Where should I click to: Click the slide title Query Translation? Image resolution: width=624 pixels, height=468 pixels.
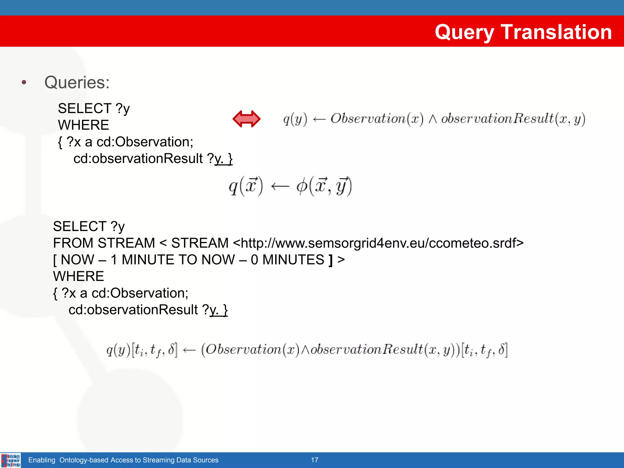coord(523,32)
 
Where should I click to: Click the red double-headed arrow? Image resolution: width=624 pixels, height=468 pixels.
coord(246,119)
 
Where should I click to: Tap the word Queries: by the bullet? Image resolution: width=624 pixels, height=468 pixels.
coord(77,83)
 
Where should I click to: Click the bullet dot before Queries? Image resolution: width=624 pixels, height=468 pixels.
coord(24,82)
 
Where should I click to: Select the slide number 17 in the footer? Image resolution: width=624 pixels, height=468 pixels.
coord(314,460)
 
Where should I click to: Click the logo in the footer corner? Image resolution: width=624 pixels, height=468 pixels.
coord(11,460)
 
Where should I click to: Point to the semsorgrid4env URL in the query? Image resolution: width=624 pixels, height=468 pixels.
coord(378,243)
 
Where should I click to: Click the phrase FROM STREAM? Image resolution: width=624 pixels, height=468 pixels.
coord(104,243)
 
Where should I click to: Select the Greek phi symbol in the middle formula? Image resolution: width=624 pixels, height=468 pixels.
coord(302,186)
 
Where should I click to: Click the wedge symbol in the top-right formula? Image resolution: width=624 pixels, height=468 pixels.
coord(432,119)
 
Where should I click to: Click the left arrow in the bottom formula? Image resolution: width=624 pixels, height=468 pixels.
coord(189,350)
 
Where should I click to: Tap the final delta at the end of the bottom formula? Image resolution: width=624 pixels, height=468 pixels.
coord(501,349)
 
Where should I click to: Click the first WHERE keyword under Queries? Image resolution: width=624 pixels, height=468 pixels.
coord(83,125)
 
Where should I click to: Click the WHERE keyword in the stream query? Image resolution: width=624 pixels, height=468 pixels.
coord(78,276)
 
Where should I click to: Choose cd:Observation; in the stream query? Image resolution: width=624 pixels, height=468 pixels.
coord(140,293)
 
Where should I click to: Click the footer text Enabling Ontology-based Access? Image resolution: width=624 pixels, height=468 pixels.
coord(123,460)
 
